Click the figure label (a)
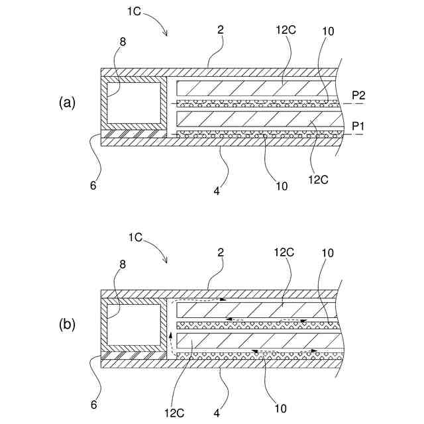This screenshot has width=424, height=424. [x=68, y=103]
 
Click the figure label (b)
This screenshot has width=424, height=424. [x=68, y=325]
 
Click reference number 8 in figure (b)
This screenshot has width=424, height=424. [x=123, y=264]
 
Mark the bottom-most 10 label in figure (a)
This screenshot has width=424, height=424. [x=282, y=185]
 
